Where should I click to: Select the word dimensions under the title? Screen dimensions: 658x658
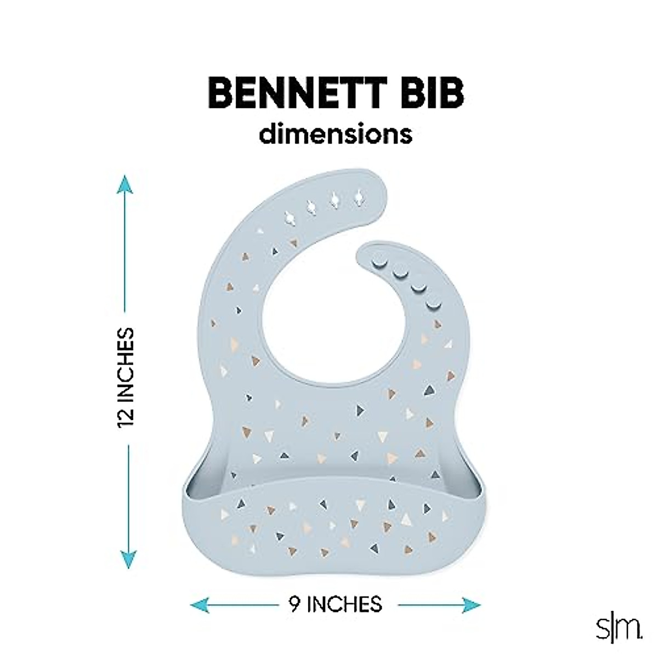(336, 135)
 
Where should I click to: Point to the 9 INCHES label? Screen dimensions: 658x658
(335, 604)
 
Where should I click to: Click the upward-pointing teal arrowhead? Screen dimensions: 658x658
(127, 185)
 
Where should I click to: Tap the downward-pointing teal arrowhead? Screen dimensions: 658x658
(127, 559)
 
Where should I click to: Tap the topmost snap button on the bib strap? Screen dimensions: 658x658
(378, 263)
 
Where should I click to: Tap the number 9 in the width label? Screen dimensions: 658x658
(294, 604)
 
